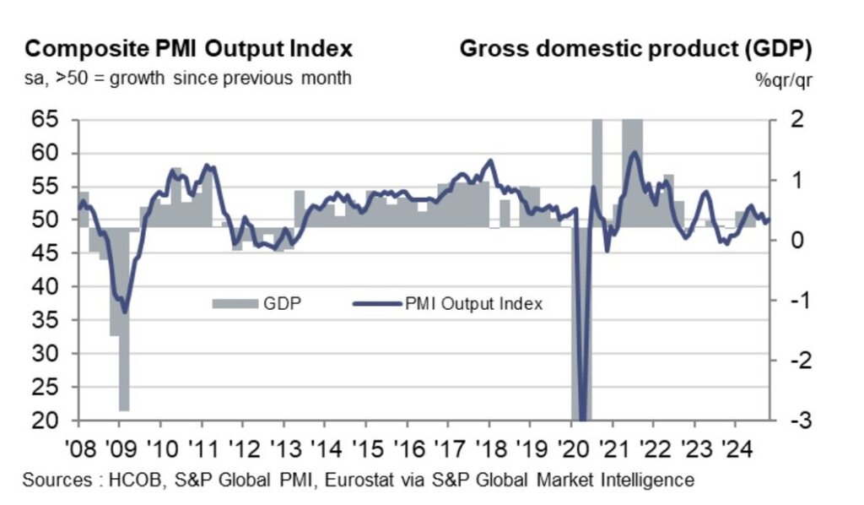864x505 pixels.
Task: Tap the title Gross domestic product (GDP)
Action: click(x=635, y=48)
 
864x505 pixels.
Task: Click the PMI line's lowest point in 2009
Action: click(x=125, y=312)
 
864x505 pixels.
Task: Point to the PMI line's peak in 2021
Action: click(x=634, y=152)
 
